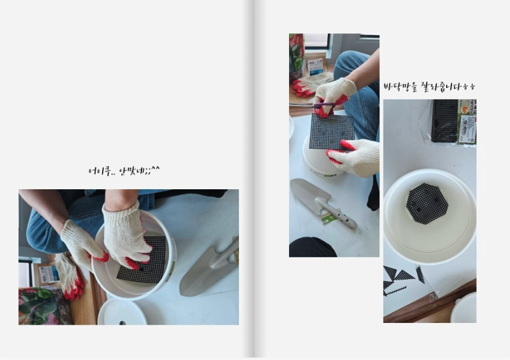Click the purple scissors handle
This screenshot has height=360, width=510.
click(324, 105)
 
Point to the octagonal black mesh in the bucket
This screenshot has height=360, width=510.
click(427, 204)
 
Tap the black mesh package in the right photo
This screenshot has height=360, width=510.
click(445, 121)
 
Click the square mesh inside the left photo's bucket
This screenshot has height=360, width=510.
click(143, 260)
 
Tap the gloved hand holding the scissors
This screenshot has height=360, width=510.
click(335, 96)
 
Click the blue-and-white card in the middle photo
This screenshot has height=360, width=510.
click(315, 66)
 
